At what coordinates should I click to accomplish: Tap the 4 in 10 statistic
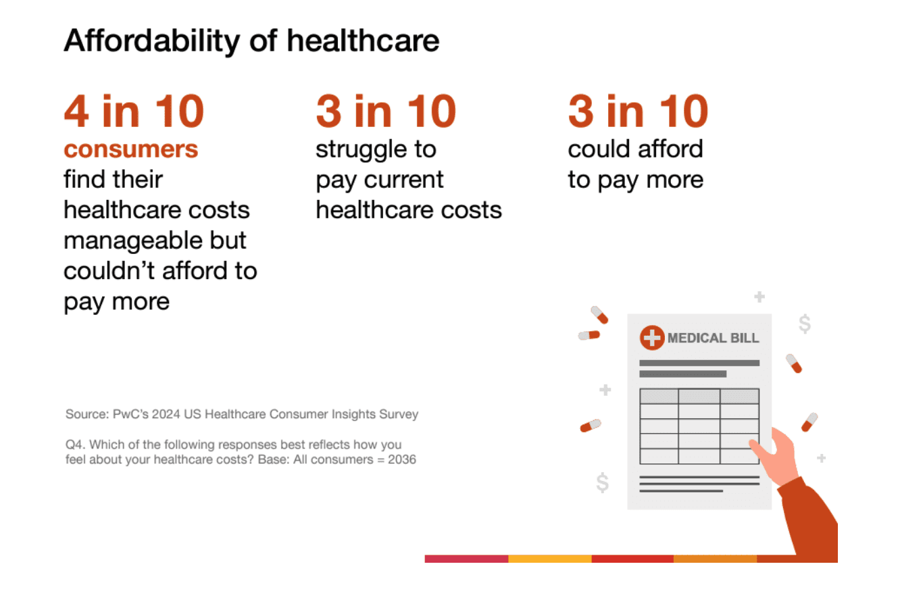(134, 111)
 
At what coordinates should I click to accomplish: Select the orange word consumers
(130, 149)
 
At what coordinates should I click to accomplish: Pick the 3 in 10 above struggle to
(386, 111)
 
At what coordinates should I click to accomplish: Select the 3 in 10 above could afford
(638, 111)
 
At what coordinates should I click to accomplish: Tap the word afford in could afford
(673, 149)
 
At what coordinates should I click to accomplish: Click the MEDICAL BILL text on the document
(713, 338)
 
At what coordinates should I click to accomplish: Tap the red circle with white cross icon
(652, 338)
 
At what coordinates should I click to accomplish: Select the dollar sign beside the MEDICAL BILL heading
(804, 324)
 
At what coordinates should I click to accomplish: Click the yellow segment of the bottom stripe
(549, 559)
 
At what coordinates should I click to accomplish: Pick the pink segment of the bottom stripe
(466, 559)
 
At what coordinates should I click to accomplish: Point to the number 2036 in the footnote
(401, 459)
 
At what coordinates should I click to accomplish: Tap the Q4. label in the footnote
(75, 445)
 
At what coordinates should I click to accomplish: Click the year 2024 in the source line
(166, 414)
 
